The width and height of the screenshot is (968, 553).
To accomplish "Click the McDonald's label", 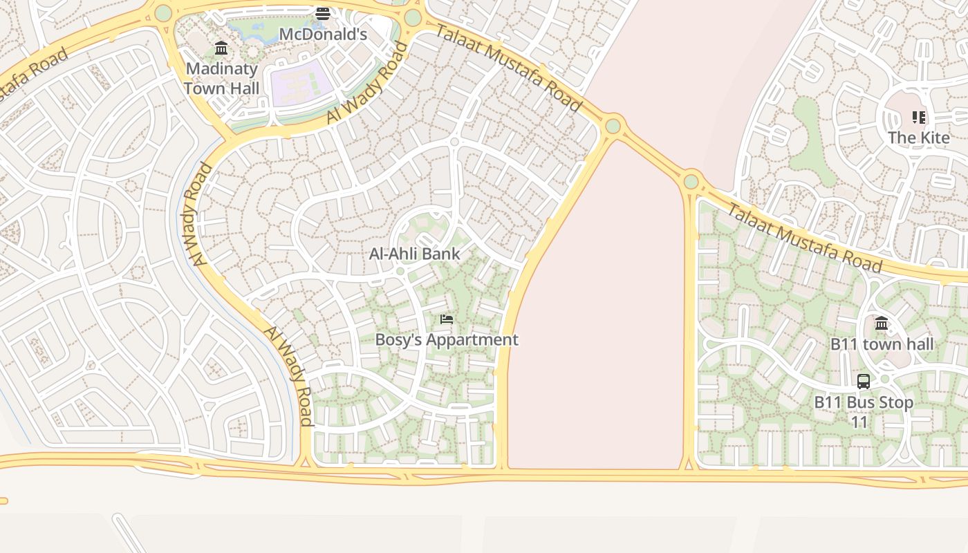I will point(323,34).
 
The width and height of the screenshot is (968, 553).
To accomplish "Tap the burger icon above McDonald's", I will point(323,13).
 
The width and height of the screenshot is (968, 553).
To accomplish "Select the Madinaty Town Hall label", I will point(222,78).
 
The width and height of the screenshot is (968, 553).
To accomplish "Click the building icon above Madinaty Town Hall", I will point(221,48).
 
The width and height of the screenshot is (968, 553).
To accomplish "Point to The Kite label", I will point(919,137).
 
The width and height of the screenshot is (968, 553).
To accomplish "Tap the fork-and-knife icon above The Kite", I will point(919,118).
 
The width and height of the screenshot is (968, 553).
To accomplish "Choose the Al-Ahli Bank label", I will point(414,254).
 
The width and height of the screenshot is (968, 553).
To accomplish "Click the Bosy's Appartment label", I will point(447,339).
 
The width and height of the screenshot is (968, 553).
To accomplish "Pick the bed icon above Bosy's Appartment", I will point(447,319).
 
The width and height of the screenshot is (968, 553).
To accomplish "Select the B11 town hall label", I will point(882,344).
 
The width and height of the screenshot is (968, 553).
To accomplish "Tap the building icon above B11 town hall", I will point(882,323).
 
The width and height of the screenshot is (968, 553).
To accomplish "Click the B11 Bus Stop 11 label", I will point(864,411).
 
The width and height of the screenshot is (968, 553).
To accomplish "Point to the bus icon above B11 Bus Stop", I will point(864,381).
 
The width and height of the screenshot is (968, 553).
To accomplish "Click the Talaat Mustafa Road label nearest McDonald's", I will point(508,67).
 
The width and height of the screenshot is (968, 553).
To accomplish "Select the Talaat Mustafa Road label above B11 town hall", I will point(805,238).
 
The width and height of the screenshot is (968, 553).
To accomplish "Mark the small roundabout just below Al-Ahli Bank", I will point(400,271).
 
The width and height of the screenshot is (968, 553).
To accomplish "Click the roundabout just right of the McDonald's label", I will point(413,18).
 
